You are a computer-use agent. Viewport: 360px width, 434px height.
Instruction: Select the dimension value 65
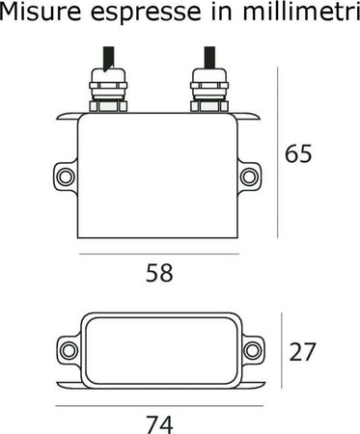click(303, 154)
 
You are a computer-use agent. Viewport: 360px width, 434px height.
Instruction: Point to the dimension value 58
click(158, 273)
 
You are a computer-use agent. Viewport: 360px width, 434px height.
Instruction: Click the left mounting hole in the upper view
click(65, 177)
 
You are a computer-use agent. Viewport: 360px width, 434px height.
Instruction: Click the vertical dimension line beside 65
click(280, 154)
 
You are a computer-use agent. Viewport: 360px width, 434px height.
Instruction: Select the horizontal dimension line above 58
click(158, 254)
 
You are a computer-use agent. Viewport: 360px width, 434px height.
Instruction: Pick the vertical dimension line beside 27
click(281, 351)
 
